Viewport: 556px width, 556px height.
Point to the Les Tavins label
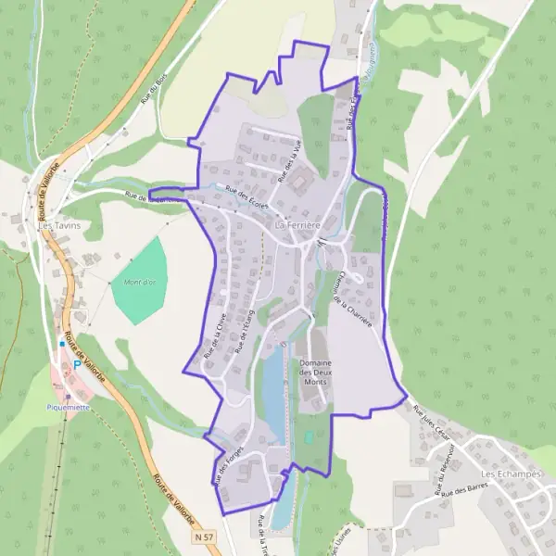tap(57, 225)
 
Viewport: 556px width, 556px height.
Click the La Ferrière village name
tap(297, 225)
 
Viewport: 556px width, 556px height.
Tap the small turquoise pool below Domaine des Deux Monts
tap(308, 436)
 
